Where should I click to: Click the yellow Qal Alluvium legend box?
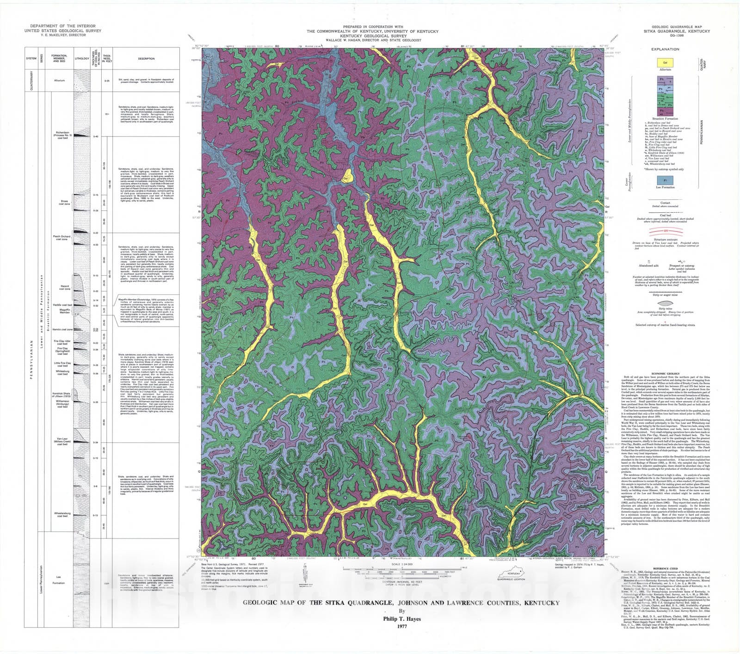coord(665,62)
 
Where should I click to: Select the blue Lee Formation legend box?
coord(665,180)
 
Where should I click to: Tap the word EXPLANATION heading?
coord(665,49)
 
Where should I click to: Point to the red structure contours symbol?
coord(665,231)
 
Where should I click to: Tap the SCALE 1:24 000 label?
coord(401,564)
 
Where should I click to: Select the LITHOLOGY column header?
coord(82,59)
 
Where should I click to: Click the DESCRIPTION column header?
coord(146,59)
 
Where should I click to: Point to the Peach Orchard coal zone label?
coord(62,238)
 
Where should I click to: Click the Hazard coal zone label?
coord(64,287)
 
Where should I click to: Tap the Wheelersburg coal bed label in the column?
coord(62,514)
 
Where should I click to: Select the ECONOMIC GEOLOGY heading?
coord(665,373)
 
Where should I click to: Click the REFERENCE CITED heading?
coord(665,568)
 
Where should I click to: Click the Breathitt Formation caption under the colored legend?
coord(665,118)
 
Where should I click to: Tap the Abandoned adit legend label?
coord(648,266)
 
